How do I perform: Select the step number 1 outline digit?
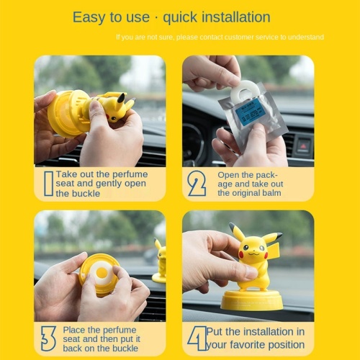[48, 184]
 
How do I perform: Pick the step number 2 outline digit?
[197, 184]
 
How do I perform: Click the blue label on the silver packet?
[252, 112]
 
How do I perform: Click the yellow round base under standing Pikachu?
[251, 299]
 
